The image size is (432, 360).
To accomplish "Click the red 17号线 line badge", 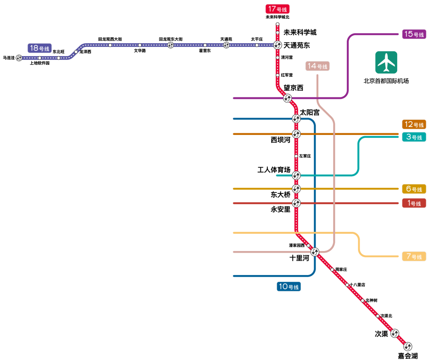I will tap(277, 9).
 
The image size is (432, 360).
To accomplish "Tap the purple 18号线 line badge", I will tap(39, 48).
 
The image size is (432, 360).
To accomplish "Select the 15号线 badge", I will tap(414, 34).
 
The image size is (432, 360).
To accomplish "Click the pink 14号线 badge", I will tap(317, 66).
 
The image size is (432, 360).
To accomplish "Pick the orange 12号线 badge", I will tap(414, 125).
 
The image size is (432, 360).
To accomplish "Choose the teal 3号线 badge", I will tap(414, 137).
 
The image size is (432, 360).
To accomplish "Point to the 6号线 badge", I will tap(414, 189).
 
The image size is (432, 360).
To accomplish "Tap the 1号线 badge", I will tap(414, 203).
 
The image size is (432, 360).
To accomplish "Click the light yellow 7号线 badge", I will tap(414, 256).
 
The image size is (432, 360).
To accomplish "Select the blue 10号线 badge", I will tap(288, 287).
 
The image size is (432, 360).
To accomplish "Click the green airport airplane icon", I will tap(386, 62).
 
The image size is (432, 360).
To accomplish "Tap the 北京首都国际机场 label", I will tap(386, 81).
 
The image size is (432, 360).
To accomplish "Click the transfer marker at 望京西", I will tap(287, 98).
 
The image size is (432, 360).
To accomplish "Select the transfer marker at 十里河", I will tap(315, 252).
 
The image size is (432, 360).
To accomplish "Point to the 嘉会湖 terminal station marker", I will tap(408, 346).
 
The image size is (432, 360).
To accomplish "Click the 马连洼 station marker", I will tap(19, 58).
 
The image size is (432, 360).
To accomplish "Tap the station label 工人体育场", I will tap(274, 170).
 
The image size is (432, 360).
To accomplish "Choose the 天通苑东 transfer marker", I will tap(278, 45).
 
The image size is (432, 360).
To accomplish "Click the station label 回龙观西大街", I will tap(110, 39).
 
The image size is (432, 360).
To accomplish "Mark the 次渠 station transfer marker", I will tap(394, 333).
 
